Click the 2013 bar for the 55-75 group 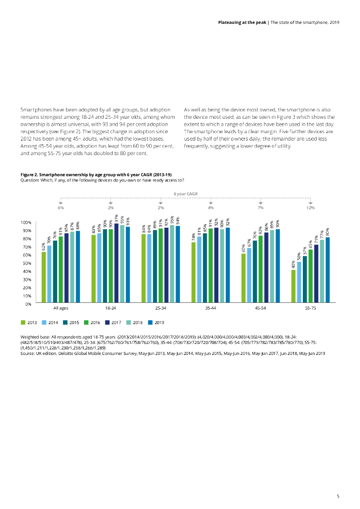pyautogui.click(x=293, y=286)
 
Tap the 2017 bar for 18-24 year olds pyautogui.click(x=116, y=263)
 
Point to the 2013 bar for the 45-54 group pyautogui.click(x=243, y=278)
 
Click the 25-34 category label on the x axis pyautogui.click(x=161, y=309)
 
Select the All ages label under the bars pyautogui.click(x=61, y=309)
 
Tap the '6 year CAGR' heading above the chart pyautogui.click(x=185, y=194)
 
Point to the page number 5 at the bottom pyautogui.click(x=338, y=496)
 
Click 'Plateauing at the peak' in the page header pyautogui.click(x=242, y=23)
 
